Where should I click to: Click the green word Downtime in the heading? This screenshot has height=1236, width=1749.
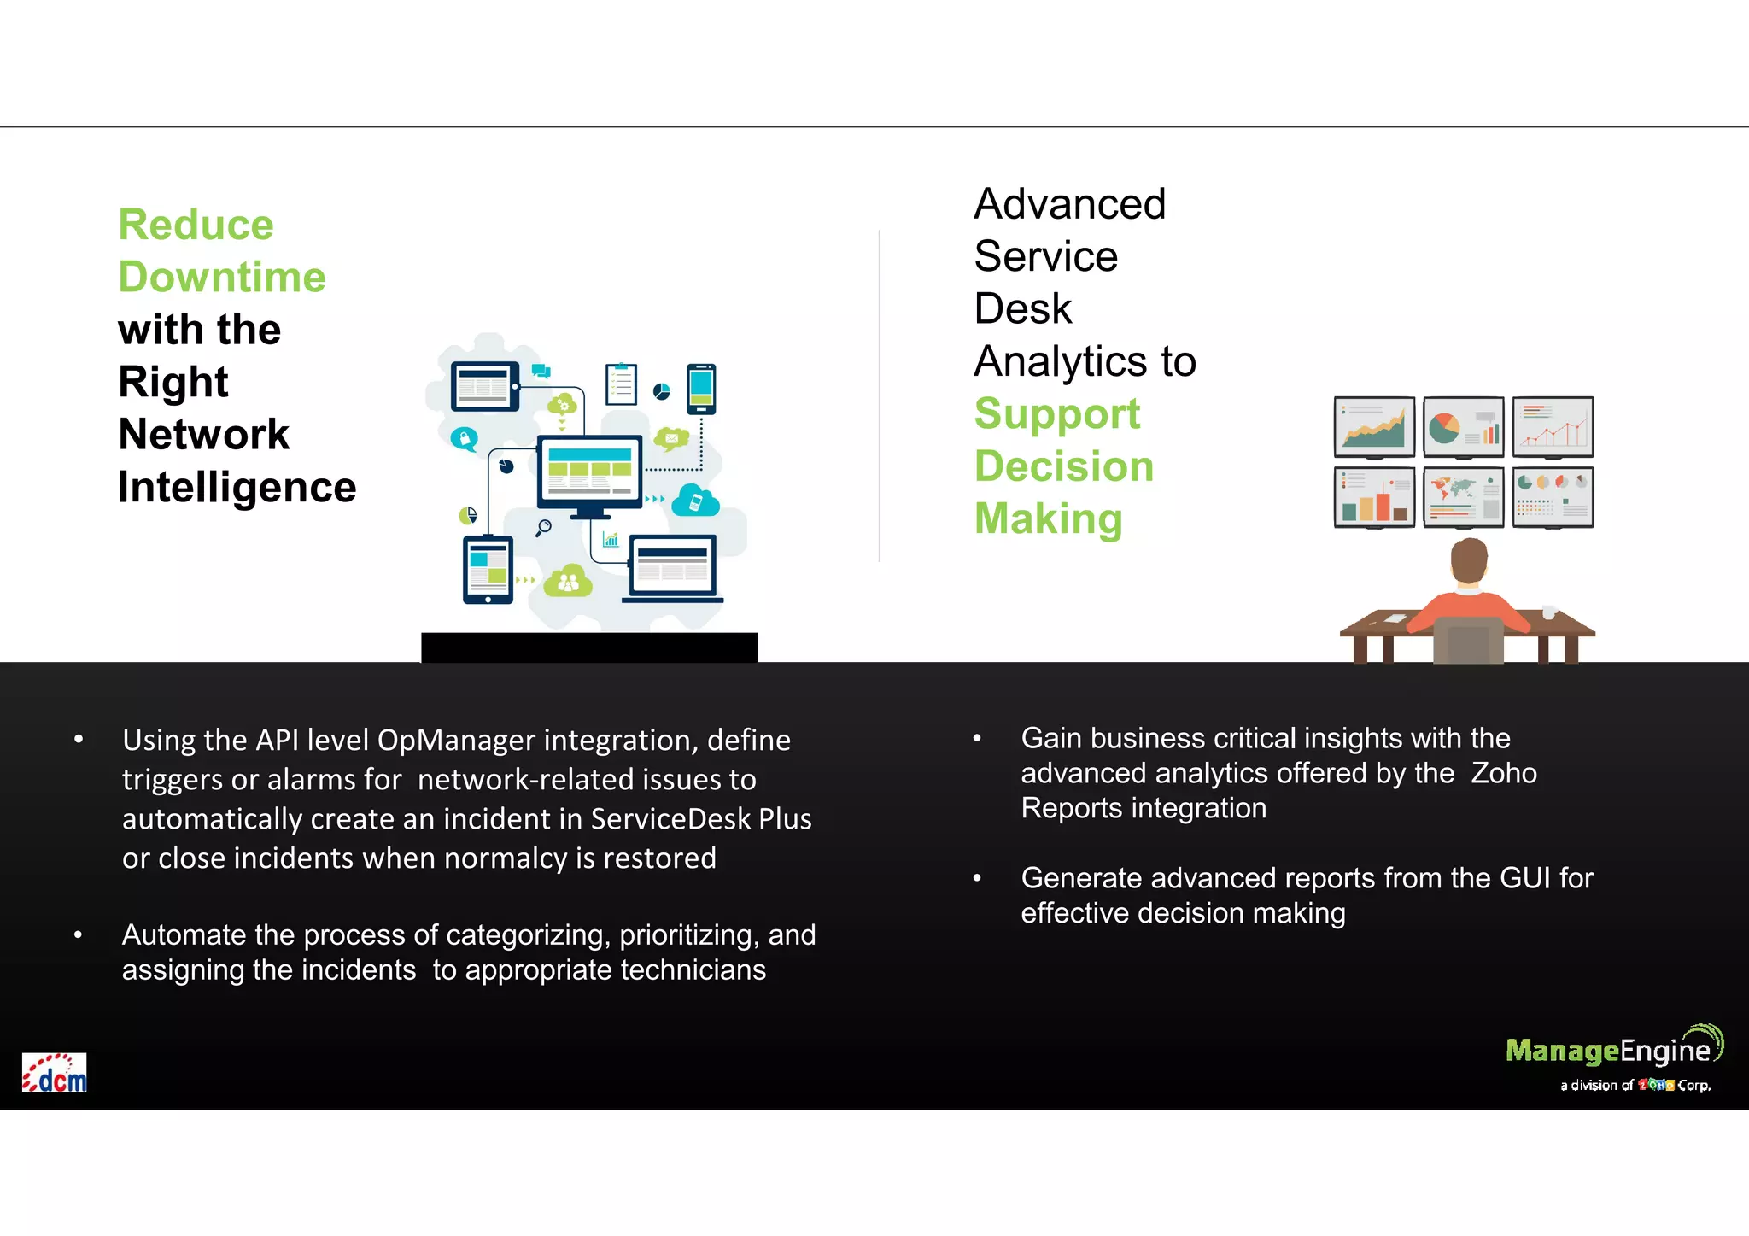pos(222,278)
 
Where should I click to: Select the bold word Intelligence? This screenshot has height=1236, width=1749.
pos(237,488)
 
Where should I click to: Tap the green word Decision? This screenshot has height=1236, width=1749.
pos(1064,466)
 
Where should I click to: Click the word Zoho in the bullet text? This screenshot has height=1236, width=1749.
pos(1503,774)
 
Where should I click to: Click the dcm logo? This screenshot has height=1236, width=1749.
pos(55,1073)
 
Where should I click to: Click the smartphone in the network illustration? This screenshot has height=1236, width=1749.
pos(701,389)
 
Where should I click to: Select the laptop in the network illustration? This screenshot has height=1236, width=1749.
pos(673,569)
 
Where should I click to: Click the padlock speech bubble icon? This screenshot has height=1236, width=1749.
pos(464,439)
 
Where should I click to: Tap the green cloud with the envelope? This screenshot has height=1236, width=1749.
pos(672,439)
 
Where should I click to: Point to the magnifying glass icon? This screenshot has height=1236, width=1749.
pos(543,528)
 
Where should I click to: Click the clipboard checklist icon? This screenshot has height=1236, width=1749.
pos(621,384)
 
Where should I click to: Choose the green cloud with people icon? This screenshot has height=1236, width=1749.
pos(568,583)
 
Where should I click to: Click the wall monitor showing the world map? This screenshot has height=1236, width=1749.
pos(1463,497)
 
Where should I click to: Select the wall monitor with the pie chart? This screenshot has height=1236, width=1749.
pos(1463,427)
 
